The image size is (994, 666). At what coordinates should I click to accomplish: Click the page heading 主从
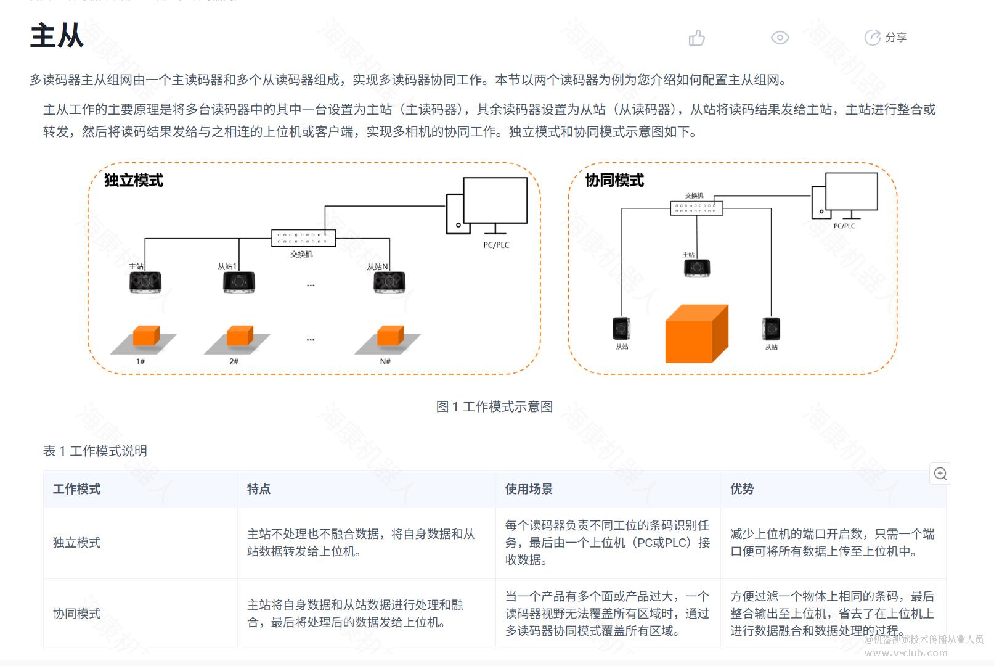coord(57,36)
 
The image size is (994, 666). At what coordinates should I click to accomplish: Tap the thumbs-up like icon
coord(696,38)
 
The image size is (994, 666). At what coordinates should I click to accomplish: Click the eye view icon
coord(780,38)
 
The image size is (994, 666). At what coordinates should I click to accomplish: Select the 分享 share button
coord(886,38)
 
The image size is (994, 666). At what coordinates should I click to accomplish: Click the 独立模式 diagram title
coord(134,180)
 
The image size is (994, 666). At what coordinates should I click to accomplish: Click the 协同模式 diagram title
coord(614,180)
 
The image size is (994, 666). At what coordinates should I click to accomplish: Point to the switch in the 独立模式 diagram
coord(303,237)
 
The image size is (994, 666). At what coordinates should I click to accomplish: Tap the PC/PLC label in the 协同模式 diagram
coord(844,226)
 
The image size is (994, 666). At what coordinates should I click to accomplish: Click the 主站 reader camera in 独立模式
coord(145,282)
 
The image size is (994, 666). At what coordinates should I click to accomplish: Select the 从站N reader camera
coord(389,282)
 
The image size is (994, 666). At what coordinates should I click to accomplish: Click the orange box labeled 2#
coord(240,336)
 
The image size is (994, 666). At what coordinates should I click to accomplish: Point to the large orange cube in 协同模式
coord(696,334)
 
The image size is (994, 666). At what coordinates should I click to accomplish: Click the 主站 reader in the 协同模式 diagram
coord(697,268)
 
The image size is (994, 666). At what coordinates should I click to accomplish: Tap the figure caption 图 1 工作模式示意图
coord(494,406)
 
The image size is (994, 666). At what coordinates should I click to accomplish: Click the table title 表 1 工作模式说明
coord(96,451)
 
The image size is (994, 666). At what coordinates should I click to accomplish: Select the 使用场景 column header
coord(529,489)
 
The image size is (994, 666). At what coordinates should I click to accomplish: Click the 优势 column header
coord(742,489)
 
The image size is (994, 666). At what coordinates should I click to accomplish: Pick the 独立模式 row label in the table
coord(77,543)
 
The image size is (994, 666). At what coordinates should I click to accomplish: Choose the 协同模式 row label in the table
coord(77,614)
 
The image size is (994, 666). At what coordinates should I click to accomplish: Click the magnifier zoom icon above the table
coord(940,474)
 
